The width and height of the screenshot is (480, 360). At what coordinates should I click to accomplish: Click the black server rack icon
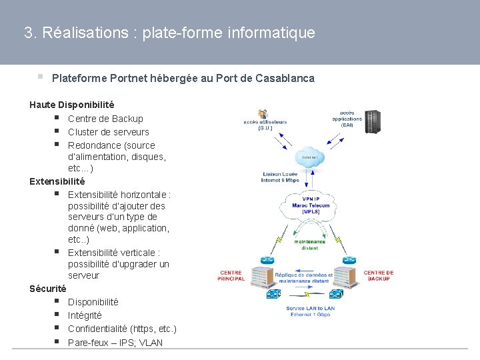(372, 121)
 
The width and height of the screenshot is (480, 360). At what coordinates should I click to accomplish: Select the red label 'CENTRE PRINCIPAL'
(230, 275)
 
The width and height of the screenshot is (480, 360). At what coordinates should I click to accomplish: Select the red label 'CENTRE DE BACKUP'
(379, 275)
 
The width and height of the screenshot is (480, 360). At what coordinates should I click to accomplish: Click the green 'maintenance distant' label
(309, 244)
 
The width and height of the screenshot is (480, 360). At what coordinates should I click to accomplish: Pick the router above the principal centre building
(267, 259)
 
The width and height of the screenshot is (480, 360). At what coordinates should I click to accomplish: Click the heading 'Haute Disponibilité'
(71, 105)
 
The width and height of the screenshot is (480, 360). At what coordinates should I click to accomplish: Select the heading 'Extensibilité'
(57, 181)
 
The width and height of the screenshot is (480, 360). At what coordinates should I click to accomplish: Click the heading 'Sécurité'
(47, 289)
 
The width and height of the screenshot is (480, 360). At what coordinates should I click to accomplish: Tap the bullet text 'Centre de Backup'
(105, 119)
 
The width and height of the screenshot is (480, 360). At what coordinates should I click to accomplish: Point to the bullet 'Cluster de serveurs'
(108, 132)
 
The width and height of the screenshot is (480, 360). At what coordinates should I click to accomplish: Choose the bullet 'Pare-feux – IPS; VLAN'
(115, 343)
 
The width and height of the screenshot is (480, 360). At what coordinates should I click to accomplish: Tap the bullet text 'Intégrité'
(85, 315)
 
